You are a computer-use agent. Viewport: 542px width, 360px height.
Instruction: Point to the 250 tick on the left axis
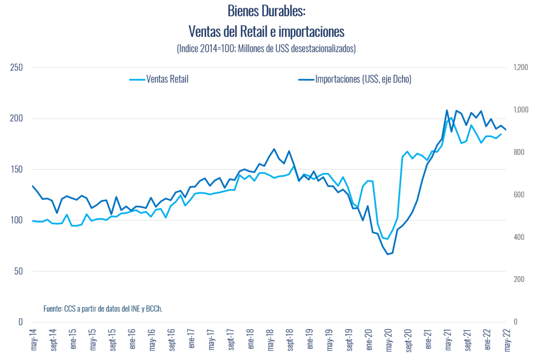(17, 68)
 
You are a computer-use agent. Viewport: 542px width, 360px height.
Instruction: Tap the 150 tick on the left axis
(17, 169)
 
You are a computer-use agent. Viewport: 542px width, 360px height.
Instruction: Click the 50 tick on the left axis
(19, 271)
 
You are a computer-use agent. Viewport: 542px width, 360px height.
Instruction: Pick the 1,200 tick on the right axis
(520, 68)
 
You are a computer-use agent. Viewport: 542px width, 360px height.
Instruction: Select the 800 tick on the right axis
(518, 152)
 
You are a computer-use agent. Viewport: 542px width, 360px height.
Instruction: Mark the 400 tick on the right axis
(518, 237)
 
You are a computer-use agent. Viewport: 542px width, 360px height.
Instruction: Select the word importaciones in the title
(311, 31)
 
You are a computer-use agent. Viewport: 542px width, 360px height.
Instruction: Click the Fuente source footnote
(103, 309)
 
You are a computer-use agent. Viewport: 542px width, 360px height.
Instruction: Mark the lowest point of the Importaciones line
(387, 254)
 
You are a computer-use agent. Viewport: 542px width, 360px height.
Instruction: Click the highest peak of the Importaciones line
(447, 110)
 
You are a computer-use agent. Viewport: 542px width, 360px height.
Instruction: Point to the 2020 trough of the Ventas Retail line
(387, 239)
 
